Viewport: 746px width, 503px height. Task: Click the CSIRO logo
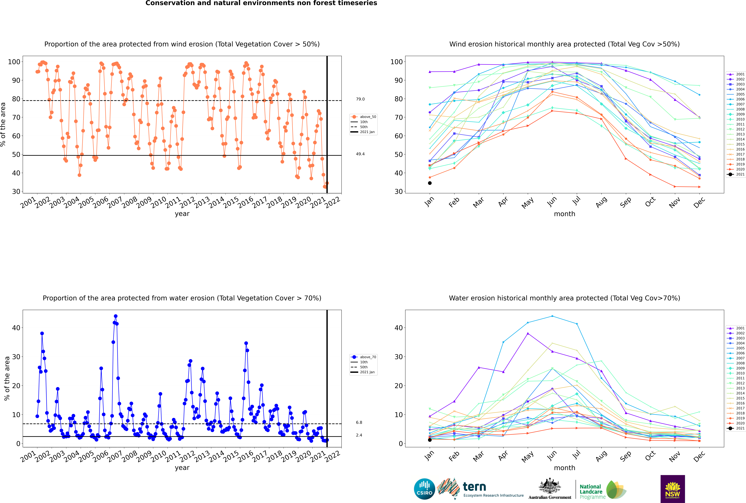[424, 489]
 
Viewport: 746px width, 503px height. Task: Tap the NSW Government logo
[673, 489]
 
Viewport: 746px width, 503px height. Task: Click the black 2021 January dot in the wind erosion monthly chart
[430, 183]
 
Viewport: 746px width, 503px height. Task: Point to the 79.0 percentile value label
[360, 99]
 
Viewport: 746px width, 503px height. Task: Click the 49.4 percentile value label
[360, 154]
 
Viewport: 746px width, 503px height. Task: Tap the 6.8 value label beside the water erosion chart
[359, 423]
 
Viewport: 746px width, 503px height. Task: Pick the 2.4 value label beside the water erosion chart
[359, 435]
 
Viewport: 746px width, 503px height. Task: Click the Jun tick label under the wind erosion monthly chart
[552, 201]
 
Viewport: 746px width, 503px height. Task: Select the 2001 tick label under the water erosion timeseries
[28, 457]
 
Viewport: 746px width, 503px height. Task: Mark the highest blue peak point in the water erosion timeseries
[116, 316]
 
